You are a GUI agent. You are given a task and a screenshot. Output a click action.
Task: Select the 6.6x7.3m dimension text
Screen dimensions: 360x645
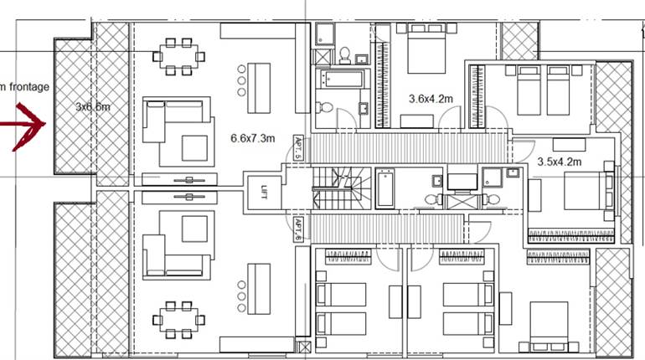(x=252, y=139)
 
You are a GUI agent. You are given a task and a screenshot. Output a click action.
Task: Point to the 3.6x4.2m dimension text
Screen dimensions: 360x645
(x=430, y=99)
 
